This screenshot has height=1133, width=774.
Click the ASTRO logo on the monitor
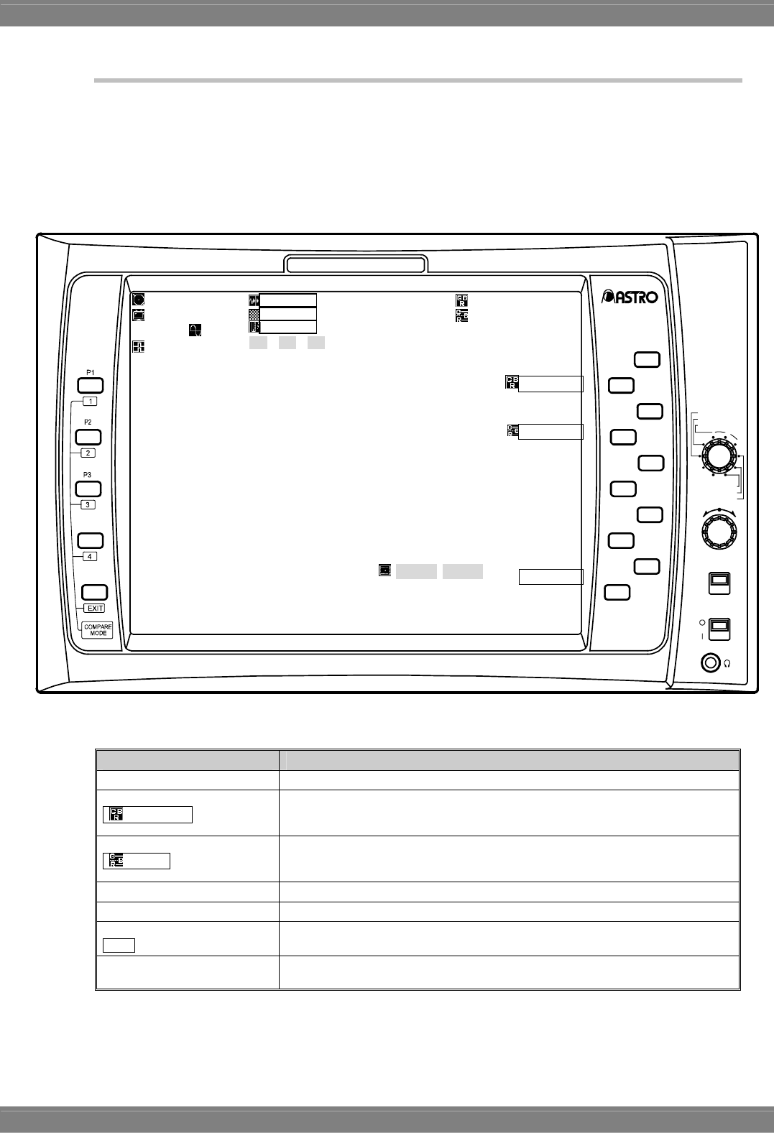click(630, 296)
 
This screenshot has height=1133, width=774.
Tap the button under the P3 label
click(88, 489)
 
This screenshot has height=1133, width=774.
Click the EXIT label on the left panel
click(95, 609)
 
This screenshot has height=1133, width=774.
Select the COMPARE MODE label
click(98, 630)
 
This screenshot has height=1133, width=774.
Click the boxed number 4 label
click(89, 556)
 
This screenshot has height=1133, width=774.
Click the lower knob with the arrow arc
click(719, 532)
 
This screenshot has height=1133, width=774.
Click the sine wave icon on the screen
click(195, 330)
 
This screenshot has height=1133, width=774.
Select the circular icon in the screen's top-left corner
click(138, 300)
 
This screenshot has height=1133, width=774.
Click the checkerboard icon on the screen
click(253, 314)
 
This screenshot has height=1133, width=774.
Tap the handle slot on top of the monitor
click(356, 265)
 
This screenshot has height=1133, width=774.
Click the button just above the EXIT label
click(94, 592)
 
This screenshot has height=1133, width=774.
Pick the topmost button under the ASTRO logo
click(647, 359)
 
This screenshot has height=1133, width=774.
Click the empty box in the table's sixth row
click(119, 945)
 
